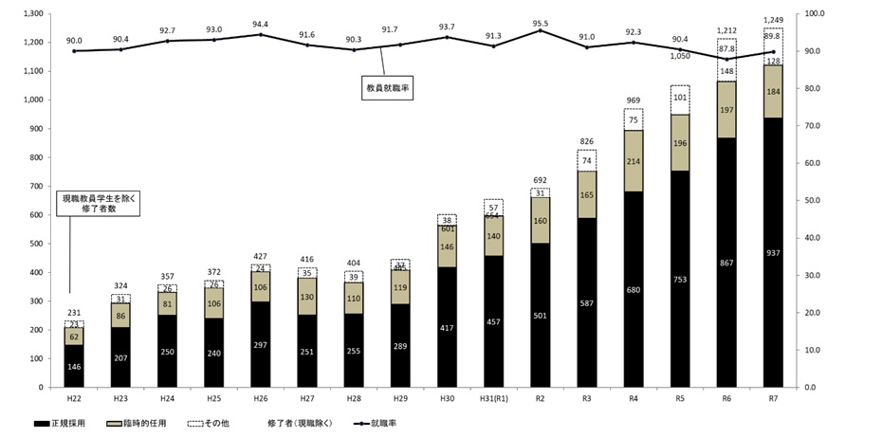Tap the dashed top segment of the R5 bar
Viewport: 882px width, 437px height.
pos(680,100)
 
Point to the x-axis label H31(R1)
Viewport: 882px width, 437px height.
pos(493,399)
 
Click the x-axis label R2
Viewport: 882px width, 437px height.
pos(541,399)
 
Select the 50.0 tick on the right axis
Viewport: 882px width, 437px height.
pos(815,201)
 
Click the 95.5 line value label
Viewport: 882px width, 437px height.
pos(541,22)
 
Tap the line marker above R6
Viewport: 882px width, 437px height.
pos(726,60)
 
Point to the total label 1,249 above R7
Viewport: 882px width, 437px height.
pos(773,18)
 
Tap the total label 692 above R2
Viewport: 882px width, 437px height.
pos(541,179)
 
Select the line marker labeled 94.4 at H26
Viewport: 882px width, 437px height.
pos(261,35)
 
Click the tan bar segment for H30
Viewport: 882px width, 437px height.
pos(447,247)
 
